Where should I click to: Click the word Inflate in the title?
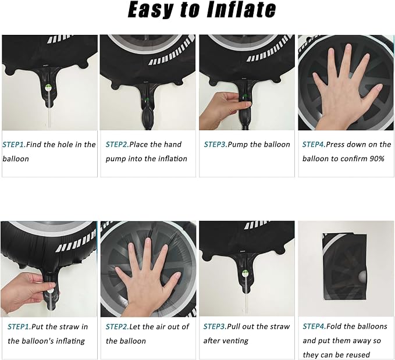click(x=241, y=10)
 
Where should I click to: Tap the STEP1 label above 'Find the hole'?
click(x=13, y=145)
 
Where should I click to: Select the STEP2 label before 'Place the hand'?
click(x=117, y=144)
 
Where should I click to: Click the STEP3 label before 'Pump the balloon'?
click(x=215, y=144)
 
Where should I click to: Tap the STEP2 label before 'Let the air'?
click(x=117, y=327)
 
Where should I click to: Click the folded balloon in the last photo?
click(x=344, y=266)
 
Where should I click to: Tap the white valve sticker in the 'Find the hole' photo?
click(x=48, y=88)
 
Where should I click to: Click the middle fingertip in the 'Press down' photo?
click(x=348, y=47)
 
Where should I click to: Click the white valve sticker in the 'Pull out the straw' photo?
click(x=245, y=273)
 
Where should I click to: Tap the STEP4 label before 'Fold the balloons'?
click(x=314, y=326)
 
